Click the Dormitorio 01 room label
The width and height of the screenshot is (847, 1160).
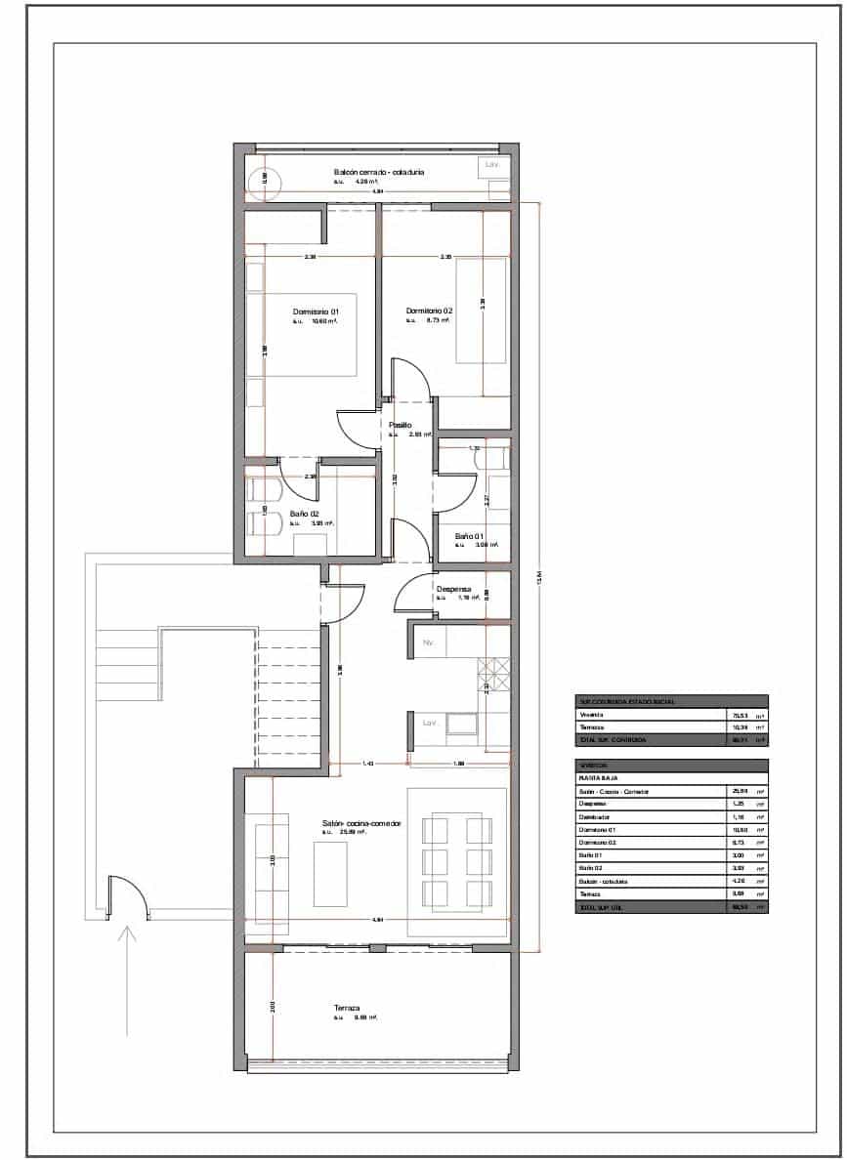click(x=316, y=311)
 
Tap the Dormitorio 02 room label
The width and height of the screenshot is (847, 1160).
click(x=429, y=311)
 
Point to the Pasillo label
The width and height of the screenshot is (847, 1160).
click(x=400, y=425)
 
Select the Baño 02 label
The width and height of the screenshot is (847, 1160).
click(x=305, y=514)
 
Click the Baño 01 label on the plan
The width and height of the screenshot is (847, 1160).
click(x=469, y=536)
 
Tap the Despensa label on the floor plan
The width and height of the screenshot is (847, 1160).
click(x=454, y=589)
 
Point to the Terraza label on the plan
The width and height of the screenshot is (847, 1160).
click(x=347, y=1008)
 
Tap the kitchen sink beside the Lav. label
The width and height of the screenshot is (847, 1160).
click(x=461, y=724)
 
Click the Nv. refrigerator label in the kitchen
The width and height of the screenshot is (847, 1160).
click(x=428, y=643)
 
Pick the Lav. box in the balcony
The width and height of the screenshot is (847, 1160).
click(x=492, y=165)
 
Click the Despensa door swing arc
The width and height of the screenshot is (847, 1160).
click(x=408, y=591)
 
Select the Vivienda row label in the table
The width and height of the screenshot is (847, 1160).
click(x=593, y=715)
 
